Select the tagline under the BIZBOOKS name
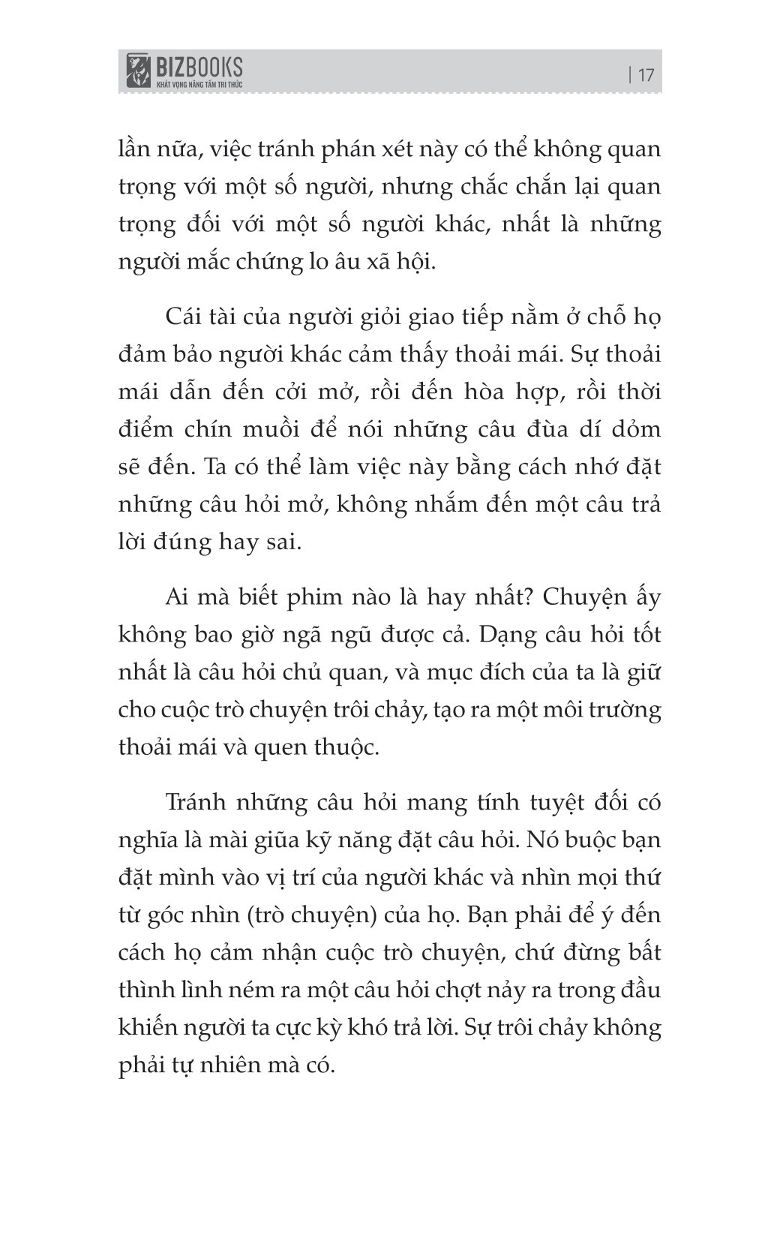point(198,85)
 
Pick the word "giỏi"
point(352,317)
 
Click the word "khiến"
point(149,1028)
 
